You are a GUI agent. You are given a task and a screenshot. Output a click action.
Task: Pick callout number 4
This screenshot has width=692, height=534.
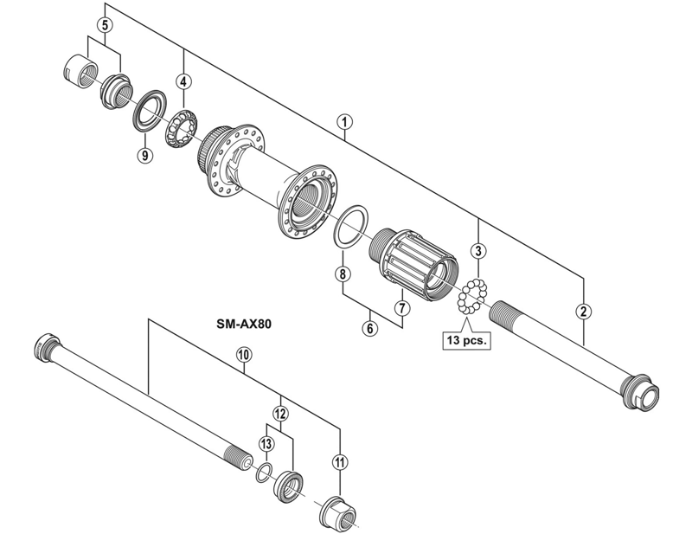pyautogui.click(x=183, y=81)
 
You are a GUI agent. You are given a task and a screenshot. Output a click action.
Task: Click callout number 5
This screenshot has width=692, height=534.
pyautogui.click(x=105, y=25)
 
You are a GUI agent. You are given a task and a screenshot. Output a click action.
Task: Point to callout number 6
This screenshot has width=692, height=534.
pyautogui.click(x=370, y=328)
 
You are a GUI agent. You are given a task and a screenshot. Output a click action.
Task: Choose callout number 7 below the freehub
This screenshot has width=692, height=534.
pyautogui.click(x=401, y=306)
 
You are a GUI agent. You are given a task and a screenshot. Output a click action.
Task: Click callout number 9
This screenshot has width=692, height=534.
pyautogui.click(x=144, y=155)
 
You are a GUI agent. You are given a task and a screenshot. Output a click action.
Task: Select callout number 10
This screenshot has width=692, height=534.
pyautogui.click(x=243, y=354)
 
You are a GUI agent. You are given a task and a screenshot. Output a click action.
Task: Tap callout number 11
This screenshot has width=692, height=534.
pyautogui.click(x=339, y=462)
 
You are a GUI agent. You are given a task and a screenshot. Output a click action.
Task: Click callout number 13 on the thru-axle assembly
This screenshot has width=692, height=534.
pyautogui.click(x=266, y=443)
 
